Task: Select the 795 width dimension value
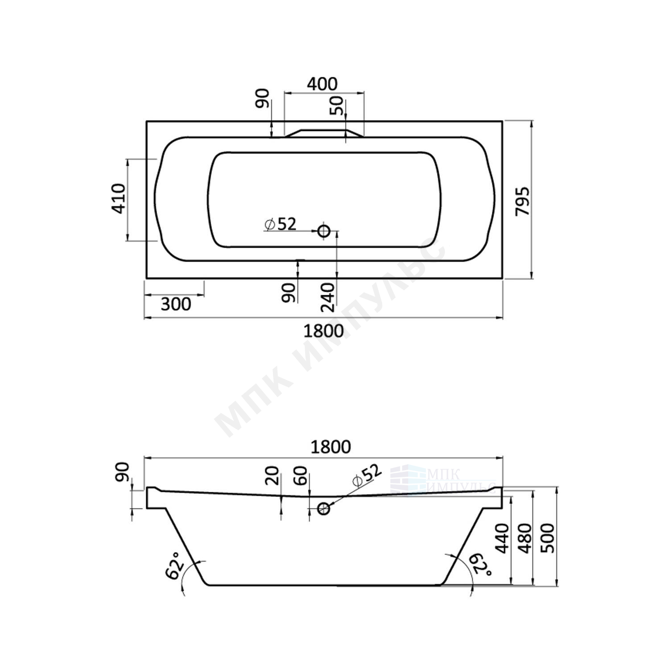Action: point(522,201)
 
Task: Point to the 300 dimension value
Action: point(176,304)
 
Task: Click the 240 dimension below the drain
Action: point(327,297)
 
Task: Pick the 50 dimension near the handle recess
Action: point(338,106)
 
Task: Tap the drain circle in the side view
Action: point(324,508)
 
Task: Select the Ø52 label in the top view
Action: point(280,224)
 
